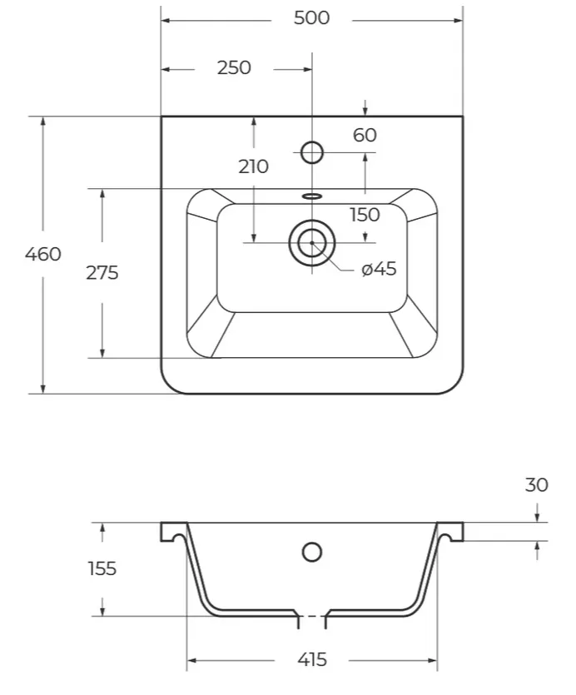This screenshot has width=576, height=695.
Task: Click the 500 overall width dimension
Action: pos(312,18)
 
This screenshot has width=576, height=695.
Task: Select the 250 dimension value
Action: pos(234,67)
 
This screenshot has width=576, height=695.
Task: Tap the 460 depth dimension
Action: pos(43,255)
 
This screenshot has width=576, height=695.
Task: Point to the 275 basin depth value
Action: pos(102,273)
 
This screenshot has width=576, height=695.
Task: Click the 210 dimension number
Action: pos(253,166)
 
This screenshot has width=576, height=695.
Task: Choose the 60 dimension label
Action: pos(365,135)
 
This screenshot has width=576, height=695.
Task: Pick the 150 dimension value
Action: pos(365,215)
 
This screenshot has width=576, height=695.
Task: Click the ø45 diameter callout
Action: pos(379,269)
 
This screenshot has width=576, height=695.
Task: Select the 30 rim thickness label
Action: pos(537,485)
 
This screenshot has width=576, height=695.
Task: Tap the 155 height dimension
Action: pos(102,568)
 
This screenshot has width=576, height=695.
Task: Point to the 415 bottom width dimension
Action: pos(312,660)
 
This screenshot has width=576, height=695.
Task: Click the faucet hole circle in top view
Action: pos(312,152)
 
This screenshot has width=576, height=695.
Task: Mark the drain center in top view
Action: pos(312,243)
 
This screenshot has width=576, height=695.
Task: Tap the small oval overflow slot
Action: pos(312,196)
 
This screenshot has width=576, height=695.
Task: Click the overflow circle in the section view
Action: pos(312,553)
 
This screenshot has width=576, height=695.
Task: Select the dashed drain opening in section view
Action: pos(312,617)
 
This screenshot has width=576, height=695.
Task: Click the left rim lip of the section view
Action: pos(174,532)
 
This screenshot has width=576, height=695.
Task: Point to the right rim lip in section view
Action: pos(450,532)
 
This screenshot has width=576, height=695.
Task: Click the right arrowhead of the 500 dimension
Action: pos(459,20)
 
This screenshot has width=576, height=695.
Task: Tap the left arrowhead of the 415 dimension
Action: pos(191,661)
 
